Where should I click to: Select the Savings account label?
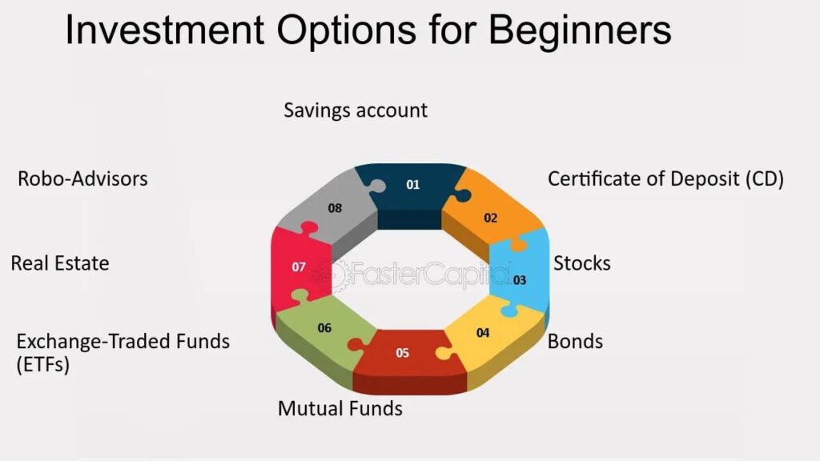pos(356,110)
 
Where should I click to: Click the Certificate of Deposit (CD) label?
pos(665,179)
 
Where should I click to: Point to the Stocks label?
pos(582,263)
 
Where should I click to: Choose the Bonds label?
pos(575,343)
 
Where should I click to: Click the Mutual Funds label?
pos(340,409)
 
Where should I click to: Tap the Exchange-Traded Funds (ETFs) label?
pos(123,352)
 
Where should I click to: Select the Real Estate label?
pos(60,263)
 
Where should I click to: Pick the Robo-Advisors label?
pos(82,178)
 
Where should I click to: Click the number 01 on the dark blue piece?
pos(412,185)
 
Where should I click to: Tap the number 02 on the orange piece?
pos(491,218)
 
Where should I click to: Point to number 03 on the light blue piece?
pos(520,280)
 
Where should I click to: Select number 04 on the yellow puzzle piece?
pos(483,332)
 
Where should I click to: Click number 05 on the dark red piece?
pos(403,352)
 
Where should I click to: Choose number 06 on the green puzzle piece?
pos(324,328)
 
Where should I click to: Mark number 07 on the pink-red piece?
pos(299,267)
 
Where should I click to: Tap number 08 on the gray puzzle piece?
pos(335,208)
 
